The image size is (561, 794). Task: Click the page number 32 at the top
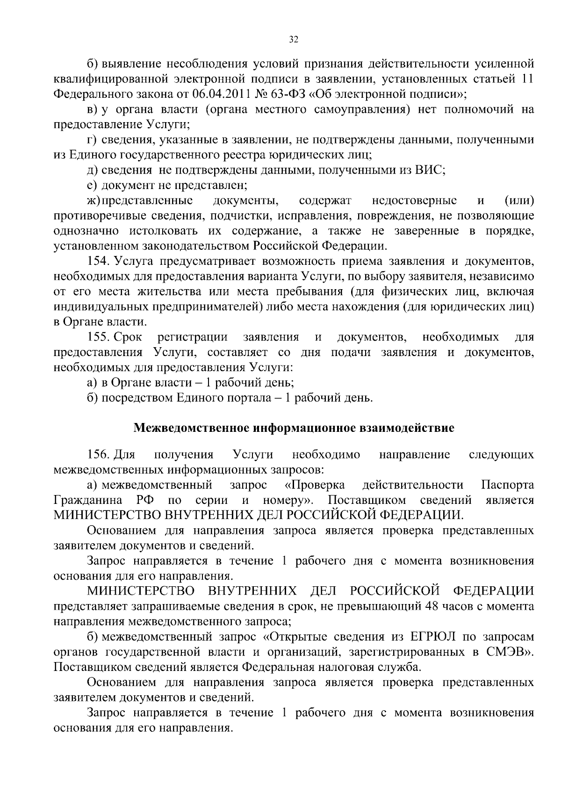point(293,39)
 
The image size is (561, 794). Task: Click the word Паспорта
point(508,485)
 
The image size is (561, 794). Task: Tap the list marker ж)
point(94,201)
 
